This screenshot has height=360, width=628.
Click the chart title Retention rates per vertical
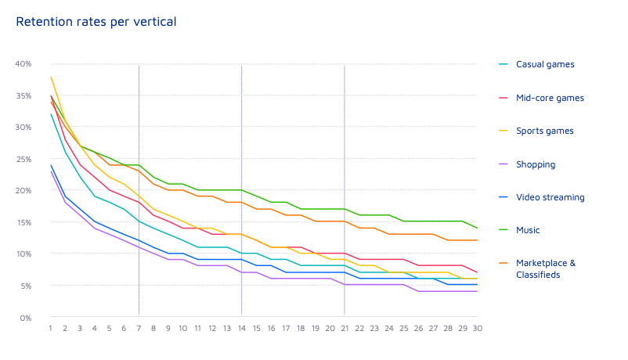[96, 22]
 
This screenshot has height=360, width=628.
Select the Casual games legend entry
[539, 65]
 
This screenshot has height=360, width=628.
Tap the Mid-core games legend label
[549, 98]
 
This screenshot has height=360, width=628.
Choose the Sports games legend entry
[544, 131]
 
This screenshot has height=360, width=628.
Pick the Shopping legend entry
[536, 164]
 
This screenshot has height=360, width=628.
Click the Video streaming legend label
[550, 197]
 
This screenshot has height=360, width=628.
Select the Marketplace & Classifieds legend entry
[545, 268]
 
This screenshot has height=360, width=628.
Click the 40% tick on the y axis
[23, 63]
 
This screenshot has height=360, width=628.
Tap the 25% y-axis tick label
[23, 159]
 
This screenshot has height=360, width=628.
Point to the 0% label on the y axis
[26, 318]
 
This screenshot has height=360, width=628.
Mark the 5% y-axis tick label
[26, 286]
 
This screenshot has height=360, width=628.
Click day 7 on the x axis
[139, 329]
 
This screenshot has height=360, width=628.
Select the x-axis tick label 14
[241, 329]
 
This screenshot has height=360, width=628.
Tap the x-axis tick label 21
[345, 329]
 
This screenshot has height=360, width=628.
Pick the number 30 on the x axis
[477, 329]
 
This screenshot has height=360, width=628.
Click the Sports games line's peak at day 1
[51, 77]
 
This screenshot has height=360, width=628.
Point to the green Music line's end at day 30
[477, 229]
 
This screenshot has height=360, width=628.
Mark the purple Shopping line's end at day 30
[477, 292]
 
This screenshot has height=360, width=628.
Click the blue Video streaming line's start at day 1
[51, 165]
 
